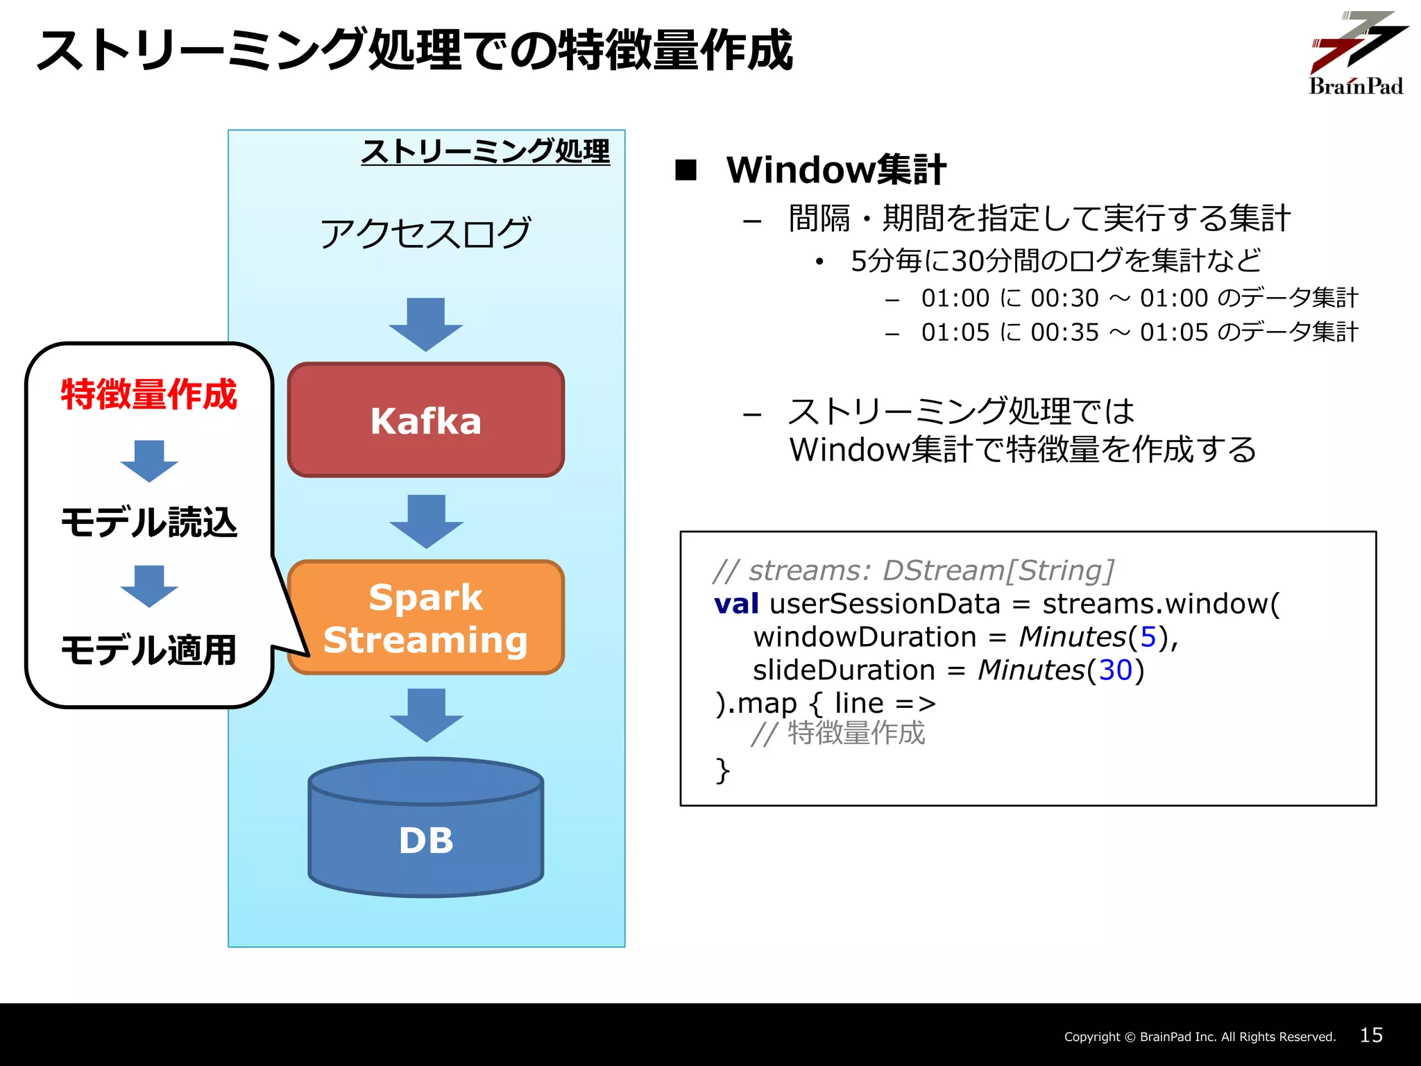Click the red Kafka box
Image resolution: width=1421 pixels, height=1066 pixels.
pyautogui.click(x=425, y=420)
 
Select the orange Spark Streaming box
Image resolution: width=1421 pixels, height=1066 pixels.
pyautogui.click(x=425, y=617)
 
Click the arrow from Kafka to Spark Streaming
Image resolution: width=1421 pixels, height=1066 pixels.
pyautogui.click(x=425, y=521)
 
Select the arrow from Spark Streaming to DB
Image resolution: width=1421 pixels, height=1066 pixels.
pyautogui.click(x=425, y=715)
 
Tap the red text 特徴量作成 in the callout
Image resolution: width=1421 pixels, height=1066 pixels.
pyautogui.click(x=148, y=394)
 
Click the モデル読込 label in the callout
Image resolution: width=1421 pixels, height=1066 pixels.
pyautogui.click(x=148, y=522)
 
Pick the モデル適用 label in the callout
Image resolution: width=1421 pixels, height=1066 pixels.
pyautogui.click(x=148, y=650)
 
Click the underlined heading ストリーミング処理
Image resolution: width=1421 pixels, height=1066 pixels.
pyautogui.click(x=485, y=151)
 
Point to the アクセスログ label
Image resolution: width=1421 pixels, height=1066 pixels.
pyautogui.click(x=425, y=233)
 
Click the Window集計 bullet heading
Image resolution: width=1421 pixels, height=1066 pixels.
pyautogui.click(x=835, y=170)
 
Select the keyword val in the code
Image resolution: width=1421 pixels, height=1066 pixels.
pyautogui.click(x=736, y=604)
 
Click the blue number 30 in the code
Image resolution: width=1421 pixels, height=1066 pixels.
pyautogui.click(x=1116, y=670)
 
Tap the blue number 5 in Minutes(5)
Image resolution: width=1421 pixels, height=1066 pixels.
pyautogui.click(x=1148, y=637)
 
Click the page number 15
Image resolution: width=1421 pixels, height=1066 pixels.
pyautogui.click(x=1371, y=1035)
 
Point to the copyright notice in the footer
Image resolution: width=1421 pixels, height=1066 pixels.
pyautogui.click(x=1200, y=1037)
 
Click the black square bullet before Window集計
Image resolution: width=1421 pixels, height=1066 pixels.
pyautogui.click(x=686, y=170)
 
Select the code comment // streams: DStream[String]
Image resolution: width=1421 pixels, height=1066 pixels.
pyautogui.click(x=913, y=570)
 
